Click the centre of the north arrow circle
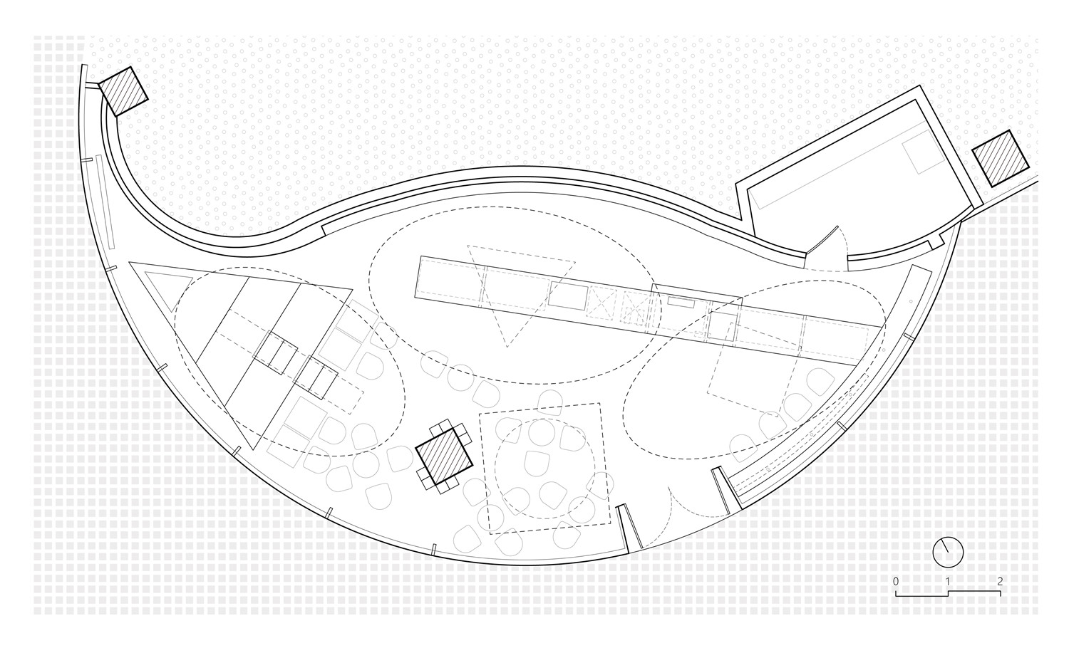point(948,552)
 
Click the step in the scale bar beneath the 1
point(948,594)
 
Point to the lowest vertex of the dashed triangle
point(507,347)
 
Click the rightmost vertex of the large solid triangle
point(352,289)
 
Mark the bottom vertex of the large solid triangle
point(252,449)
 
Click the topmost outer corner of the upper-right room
point(919,86)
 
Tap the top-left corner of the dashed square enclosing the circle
point(479,414)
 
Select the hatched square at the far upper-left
point(123,91)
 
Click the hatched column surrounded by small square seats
point(444,455)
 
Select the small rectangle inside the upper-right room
point(922,153)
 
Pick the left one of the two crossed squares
point(601,302)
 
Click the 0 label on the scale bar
point(896,582)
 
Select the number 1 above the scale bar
point(948,582)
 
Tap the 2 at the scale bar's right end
point(1000,582)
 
